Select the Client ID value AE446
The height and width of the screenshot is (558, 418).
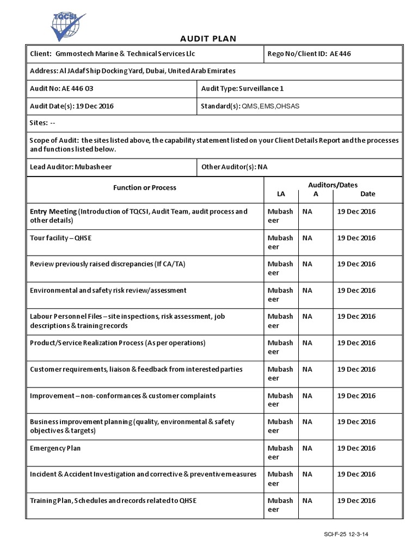coord(345,53)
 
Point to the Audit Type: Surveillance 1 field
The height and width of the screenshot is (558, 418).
coord(242,88)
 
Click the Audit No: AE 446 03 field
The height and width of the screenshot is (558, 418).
coord(65,88)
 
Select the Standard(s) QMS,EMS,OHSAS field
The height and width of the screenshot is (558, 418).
coord(250,106)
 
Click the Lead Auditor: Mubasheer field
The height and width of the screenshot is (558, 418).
coord(70,167)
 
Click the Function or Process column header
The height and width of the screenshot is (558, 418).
coord(144,188)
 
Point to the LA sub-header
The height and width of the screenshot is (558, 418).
coord(281,194)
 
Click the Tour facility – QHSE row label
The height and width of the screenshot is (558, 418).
coord(65,238)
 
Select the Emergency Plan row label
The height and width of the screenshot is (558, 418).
coord(55,448)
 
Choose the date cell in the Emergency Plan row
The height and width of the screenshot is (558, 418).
coord(356,448)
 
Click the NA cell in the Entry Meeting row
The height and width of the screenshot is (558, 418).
coord(308,211)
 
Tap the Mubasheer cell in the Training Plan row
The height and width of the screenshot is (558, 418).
coord(280,505)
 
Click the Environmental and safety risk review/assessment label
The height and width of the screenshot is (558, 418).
coord(108,290)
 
